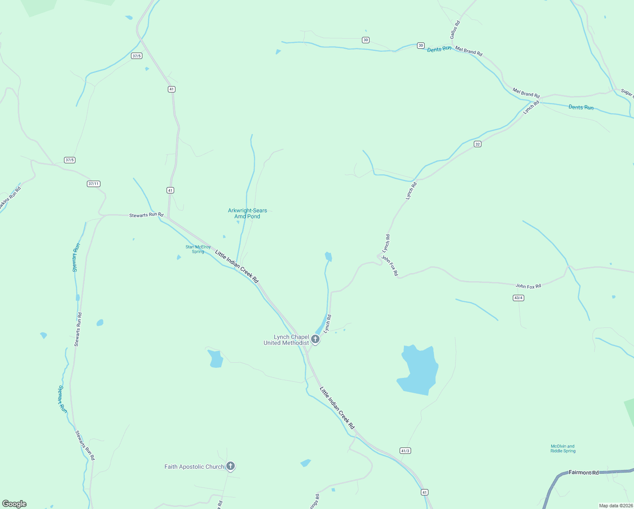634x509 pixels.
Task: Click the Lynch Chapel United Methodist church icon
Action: [315, 339]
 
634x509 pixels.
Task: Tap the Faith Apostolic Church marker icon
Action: [230, 466]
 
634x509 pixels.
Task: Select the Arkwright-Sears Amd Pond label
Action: [247, 213]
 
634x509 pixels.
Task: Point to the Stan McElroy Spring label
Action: [198, 249]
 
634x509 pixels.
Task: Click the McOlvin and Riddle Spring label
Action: [562, 448]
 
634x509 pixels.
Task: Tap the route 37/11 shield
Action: [93, 184]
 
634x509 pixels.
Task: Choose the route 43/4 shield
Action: [518, 298]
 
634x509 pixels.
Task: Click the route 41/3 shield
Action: [405, 450]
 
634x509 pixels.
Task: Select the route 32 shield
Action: [478, 144]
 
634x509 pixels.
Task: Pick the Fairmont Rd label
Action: [584, 472]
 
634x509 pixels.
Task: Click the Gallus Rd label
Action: [455, 30]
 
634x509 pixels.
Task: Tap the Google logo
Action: [14, 504]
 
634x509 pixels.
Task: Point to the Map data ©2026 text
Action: [615, 506]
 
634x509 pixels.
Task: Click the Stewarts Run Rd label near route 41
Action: [146, 215]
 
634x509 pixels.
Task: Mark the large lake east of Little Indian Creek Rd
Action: [419, 370]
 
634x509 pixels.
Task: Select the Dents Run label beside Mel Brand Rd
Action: [439, 50]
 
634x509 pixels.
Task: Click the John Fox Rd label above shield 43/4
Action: [528, 286]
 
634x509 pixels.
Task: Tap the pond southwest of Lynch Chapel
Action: [216, 359]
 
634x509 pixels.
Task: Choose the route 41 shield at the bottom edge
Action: [425, 492]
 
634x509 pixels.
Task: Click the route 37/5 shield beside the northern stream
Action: [136, 56]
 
